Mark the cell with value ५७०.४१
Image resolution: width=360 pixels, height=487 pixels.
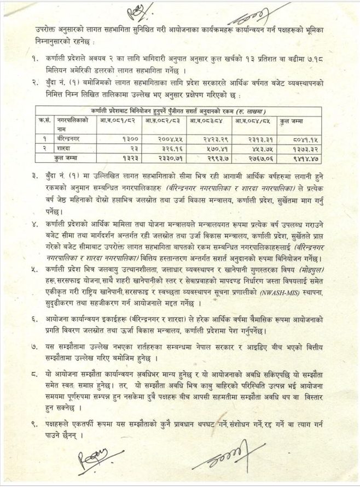pyautogui.click(x=210, y=149)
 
